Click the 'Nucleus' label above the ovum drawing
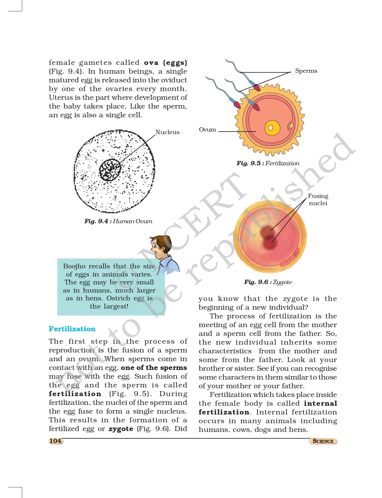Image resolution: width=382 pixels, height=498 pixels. [167, 132]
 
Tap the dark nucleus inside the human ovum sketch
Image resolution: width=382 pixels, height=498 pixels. [110, 170]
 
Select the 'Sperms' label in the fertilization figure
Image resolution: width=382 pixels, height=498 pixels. [306, 71]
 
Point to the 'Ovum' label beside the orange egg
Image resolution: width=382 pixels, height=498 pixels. [207, 130]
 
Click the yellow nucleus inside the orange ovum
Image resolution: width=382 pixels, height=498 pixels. [272, 128]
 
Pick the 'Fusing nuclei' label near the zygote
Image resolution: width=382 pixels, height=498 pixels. [318, 199]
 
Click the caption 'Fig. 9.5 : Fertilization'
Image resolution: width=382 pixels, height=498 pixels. [268, 163]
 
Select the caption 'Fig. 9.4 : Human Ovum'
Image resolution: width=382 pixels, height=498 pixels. [118, 221]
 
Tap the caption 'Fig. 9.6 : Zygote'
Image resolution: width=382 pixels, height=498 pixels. [268, 282]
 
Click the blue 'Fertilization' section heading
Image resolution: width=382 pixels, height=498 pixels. [72, 329]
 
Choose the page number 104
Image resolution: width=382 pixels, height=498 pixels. [55, 441]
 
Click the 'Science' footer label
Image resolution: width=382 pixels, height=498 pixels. [323, 441]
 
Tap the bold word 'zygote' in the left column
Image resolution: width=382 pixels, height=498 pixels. [121, 429]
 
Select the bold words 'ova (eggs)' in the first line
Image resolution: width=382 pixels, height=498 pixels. [165, 63]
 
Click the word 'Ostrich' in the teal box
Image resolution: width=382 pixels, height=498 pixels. [118, 298]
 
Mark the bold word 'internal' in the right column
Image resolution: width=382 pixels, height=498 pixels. [320, 403]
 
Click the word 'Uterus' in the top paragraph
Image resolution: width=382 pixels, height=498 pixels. [59, 98]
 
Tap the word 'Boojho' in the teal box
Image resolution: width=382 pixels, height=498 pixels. [74, 266]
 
